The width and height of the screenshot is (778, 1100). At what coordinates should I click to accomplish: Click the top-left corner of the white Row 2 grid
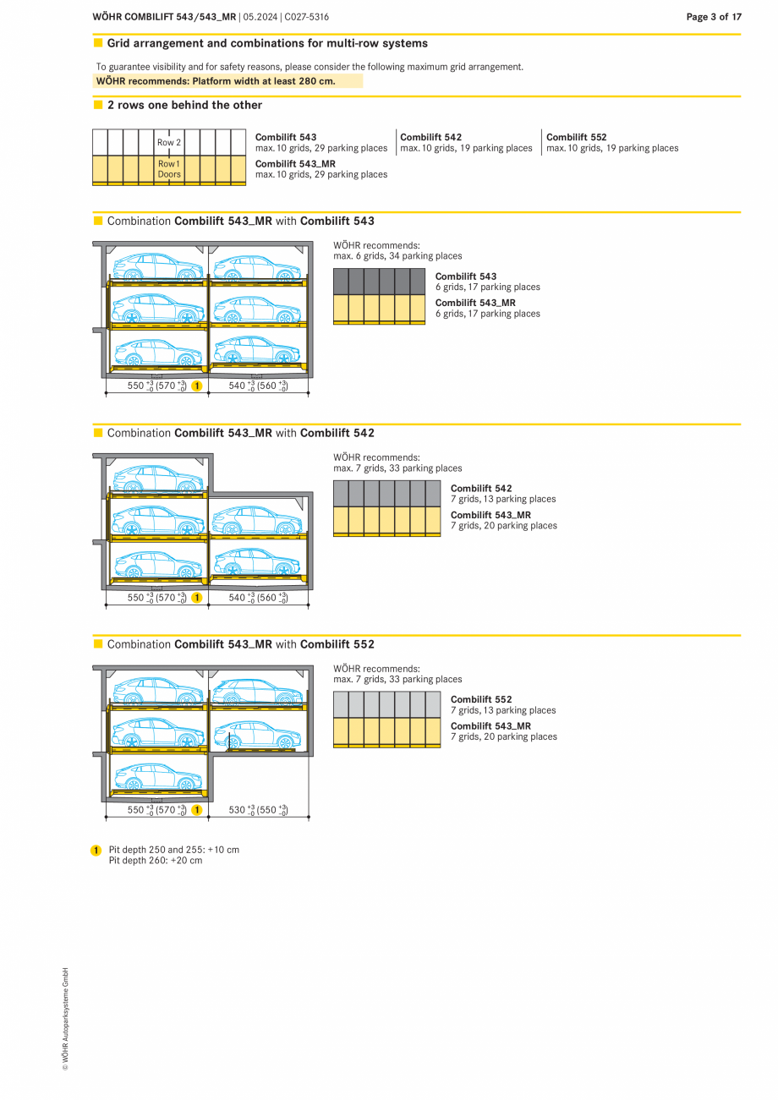tap(93, 129)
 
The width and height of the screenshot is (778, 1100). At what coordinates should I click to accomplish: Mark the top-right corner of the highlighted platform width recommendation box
tap(363, 74)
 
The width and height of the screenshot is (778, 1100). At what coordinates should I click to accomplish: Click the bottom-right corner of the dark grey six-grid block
tap(425, 294)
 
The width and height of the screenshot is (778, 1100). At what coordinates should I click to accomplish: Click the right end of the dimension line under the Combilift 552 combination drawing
tap(309, 818)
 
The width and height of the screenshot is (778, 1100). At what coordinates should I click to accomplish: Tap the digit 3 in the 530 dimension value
tap(238, 810)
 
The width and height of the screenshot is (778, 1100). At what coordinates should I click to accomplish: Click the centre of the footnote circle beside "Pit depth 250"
tap(96, 850)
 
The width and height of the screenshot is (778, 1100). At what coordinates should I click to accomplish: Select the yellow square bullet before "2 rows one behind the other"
tap(98, 105)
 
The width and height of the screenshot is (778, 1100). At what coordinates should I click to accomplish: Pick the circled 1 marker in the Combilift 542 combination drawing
tap(196, 598)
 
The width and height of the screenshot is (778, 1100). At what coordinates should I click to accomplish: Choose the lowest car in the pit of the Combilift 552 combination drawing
tap(158, 775)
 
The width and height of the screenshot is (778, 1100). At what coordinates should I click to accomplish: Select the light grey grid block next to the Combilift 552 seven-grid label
tap(387, 704)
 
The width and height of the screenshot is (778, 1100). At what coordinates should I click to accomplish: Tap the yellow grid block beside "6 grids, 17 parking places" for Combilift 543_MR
tap(379, 309)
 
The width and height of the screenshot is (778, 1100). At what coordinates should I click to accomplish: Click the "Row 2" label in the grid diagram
tap(169, 142)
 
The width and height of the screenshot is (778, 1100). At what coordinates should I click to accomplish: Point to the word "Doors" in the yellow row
tap(169, 174)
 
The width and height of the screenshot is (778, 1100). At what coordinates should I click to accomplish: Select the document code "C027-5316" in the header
tap(306, 17)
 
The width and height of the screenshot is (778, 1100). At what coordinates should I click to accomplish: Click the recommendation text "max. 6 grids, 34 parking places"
tap(397, 256)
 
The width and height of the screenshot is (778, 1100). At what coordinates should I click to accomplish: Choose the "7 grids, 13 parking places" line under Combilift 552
tap(503, 710)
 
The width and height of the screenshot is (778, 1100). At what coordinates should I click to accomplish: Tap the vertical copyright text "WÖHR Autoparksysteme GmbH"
tap(65, 1019)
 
